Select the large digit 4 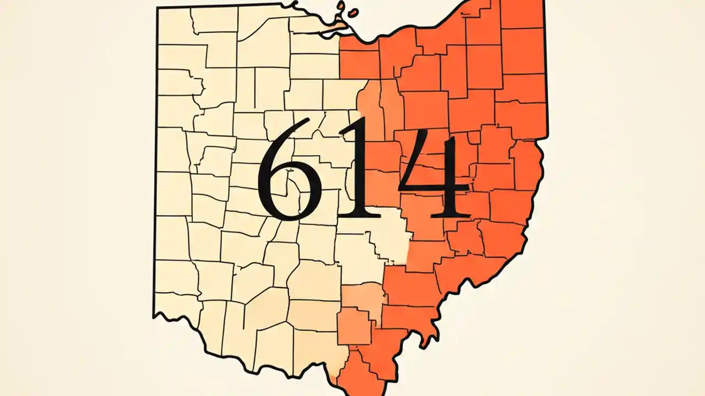435,176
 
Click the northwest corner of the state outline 158,8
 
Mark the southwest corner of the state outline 154,316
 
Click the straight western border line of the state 156,165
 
